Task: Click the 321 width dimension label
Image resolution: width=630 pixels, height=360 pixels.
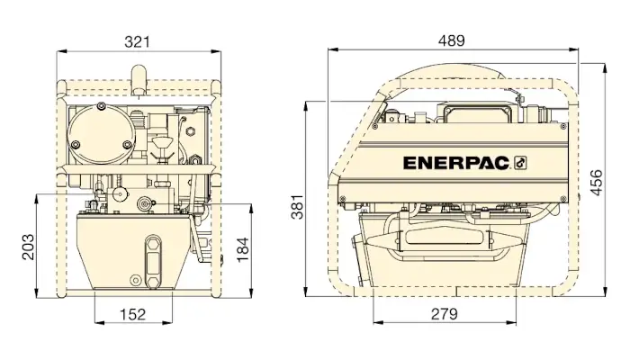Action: point(137,41)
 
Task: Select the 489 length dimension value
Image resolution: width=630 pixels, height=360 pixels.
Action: point(452,40)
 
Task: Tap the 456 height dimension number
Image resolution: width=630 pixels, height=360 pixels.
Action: point(597,183)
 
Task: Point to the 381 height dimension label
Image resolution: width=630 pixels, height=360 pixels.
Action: point(297,207)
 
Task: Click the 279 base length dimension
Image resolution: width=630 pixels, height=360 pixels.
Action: point(445,314)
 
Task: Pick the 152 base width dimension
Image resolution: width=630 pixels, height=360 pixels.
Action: point(133,314)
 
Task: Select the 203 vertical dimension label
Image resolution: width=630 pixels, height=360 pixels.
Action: point(28,247)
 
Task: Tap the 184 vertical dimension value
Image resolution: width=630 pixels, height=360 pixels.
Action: point(243,250)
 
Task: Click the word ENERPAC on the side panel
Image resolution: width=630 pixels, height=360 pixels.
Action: point(456,163)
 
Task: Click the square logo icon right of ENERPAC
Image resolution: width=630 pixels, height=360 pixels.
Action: point(520,163)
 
